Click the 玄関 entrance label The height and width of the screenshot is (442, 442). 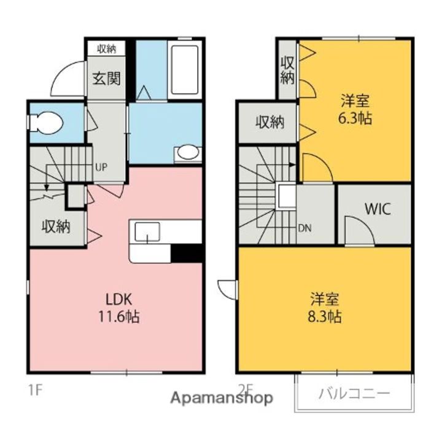point(106,79)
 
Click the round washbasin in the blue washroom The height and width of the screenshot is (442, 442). point(187,152)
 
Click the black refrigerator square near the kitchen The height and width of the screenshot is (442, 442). point(187,252)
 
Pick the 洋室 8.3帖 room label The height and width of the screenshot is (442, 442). point(325,308)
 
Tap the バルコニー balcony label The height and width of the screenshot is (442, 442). point(353,394)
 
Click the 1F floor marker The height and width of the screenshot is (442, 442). point(33,389)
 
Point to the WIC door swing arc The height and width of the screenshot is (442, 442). point(358,228)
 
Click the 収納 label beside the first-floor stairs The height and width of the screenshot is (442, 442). point(55,226)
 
